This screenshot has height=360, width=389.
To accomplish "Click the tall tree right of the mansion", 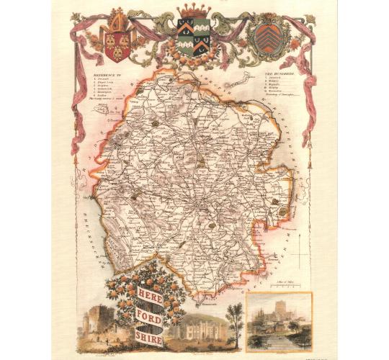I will click(x=234, y=317).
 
